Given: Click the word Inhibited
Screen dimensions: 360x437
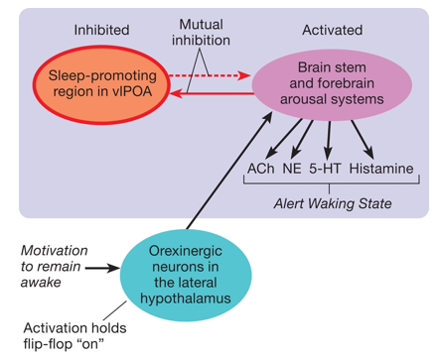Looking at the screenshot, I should pyautogui.click(x=101, y=30).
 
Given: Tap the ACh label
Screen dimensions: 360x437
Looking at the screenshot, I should pyautogui.click(x=261, y=169).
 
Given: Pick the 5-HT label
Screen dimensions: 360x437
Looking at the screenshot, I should pyautogui.click(x=327, y=169).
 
